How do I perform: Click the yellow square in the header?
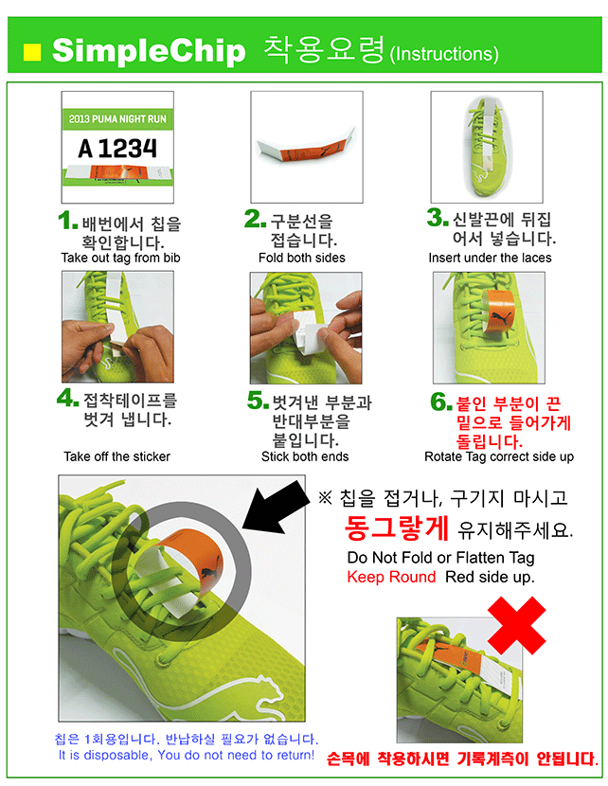32,52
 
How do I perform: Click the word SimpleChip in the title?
149,51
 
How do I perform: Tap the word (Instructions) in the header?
444,54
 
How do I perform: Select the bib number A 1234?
117,149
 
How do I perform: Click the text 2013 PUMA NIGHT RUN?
117,119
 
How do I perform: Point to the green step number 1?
67,221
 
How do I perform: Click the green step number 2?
255,219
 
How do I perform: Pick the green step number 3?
438,218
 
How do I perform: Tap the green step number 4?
67,398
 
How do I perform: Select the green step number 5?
258,400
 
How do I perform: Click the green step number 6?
441,402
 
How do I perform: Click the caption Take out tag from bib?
120,258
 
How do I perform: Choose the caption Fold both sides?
302,258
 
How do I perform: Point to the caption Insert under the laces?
490,258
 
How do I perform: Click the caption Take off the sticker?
116,456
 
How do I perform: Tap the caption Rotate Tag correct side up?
499,456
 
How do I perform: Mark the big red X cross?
517,625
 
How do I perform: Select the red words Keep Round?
391,577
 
